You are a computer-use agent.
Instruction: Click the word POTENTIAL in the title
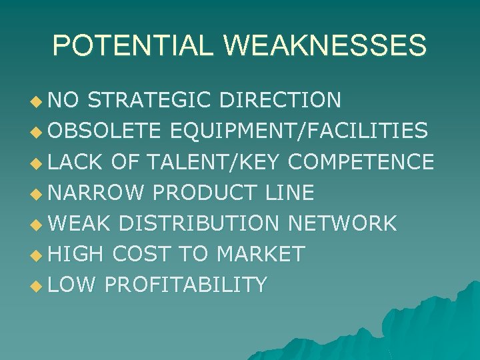[133, 45]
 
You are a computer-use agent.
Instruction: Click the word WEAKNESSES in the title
[325, 45]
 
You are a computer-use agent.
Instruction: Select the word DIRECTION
[280, 100]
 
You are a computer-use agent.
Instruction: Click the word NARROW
[96, 193]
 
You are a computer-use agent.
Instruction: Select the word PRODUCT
[204, 193]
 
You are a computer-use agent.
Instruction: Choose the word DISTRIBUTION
[199, 223]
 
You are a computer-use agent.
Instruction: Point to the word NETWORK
[342, 223]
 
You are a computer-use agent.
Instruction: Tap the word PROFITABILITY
[186, 285]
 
